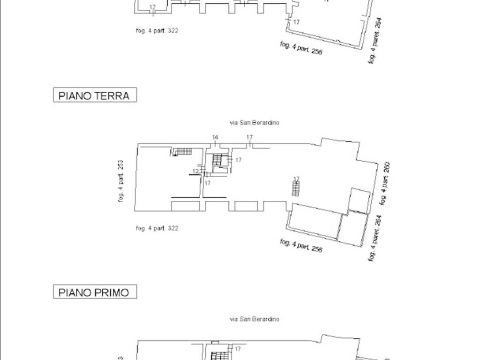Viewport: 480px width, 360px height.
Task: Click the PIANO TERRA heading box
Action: click(95, 96)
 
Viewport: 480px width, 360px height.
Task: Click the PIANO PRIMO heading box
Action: click(95, 292)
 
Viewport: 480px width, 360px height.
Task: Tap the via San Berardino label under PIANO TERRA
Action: click(255, 123)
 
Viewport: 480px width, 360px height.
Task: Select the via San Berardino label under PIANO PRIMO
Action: click(255, 319)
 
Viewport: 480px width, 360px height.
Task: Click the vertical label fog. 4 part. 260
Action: click(385, 183)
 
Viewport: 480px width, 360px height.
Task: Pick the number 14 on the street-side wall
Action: click(215, 137)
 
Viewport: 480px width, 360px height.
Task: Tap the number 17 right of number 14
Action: click(250, 137)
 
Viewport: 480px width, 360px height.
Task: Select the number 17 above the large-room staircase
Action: click(296, 179)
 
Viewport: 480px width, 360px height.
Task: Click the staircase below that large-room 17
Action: click(295, 189)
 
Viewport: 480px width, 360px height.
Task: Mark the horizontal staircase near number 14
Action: click(182, 151)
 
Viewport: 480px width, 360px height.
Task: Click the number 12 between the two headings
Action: click(196, 172)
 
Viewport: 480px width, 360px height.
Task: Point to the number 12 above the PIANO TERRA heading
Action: click(152, 7)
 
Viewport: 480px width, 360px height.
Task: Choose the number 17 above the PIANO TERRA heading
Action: click(296, 22)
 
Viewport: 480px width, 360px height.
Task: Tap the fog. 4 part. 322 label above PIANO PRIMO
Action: click(157, 228)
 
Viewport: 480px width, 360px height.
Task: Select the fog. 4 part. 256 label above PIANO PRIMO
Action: click(301, 245)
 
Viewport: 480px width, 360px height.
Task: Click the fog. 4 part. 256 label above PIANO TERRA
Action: click(301, 48)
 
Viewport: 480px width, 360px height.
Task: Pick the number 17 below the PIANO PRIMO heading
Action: click(238, 349)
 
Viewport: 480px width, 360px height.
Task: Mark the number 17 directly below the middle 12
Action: click(207, 182)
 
